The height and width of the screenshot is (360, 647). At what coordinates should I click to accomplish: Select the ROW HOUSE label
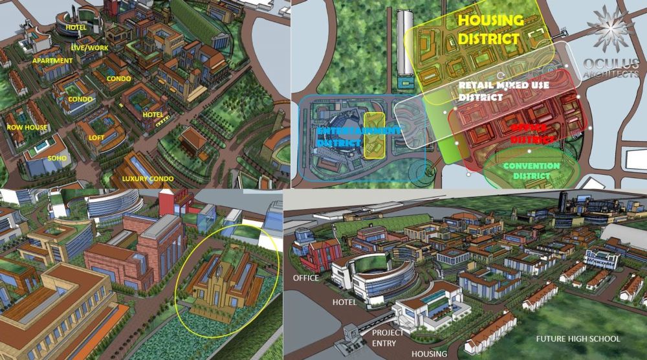point(27,128)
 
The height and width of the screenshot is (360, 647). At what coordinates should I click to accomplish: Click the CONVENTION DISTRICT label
point(532,170)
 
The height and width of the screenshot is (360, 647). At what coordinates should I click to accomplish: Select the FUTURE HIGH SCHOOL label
point(578,339)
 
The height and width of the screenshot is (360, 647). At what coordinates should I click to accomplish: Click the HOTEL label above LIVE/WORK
point(76,28)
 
